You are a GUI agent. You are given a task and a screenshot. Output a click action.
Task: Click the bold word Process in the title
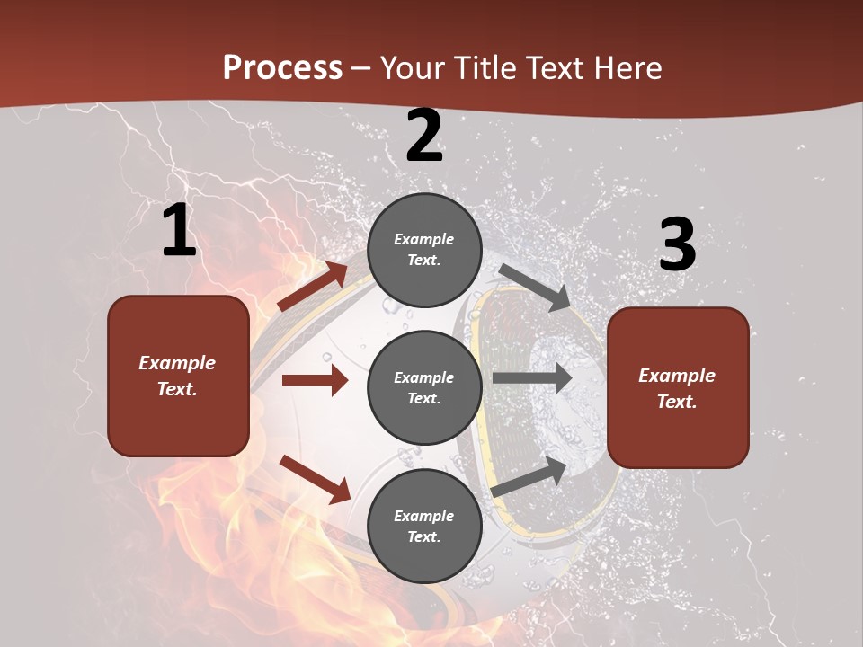[x=282, y=68]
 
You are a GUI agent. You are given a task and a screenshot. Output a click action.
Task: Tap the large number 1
[x=179, y=231]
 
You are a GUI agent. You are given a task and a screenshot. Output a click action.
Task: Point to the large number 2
[x=424, y=136]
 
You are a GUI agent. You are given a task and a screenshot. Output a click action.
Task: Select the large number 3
[x=677, y=244]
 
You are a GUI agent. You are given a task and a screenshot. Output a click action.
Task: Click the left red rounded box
[x=178, y=376]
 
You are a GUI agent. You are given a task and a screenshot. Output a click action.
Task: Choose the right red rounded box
[x=678, y=387]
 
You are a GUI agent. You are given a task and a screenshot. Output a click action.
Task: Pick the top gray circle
[x=424, y=250]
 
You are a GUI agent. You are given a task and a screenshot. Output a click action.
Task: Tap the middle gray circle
[x=424, y=387]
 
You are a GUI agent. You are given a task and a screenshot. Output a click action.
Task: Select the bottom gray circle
[x=424, y=526]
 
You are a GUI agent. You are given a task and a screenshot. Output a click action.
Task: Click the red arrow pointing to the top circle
[x=312, y=287]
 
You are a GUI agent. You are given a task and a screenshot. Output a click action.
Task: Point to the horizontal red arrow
[x=315, y=380]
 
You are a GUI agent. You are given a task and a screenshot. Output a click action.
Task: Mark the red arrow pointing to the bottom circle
[x=315, y=479]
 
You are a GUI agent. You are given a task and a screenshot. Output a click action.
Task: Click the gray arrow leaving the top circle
[x=534, y=287]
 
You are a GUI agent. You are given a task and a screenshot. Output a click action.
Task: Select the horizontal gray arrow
[x=531, y=378]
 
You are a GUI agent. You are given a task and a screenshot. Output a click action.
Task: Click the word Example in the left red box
[x=177, y=363]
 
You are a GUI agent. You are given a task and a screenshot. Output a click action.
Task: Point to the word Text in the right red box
[x=676, y=402]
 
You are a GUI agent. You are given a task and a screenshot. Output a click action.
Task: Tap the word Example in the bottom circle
[x=423, y=516]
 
